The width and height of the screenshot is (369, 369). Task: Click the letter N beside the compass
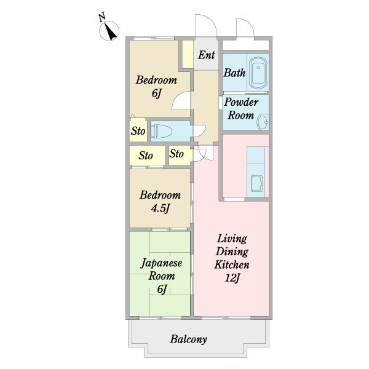click(x=102, y=18)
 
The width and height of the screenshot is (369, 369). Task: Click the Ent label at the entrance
click(x=207, y=55)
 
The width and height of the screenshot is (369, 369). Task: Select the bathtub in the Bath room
click(x=258, y=73)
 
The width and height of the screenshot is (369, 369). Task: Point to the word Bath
click(x=235, y=73)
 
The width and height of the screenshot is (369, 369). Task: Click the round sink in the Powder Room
click(x=263, y=122)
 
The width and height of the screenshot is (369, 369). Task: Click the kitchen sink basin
click(x=256, y=183)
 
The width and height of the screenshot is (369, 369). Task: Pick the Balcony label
click(x=189, y=339)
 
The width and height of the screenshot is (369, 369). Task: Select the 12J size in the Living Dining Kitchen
click(x=232, y=278)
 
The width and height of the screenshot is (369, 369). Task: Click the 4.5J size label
click(x=161, y=208)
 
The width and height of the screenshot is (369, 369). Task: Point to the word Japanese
click(x=161, y=263)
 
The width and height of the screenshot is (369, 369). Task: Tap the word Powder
click(x=241, y=102)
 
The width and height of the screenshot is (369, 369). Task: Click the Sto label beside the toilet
click(x=138, y=131)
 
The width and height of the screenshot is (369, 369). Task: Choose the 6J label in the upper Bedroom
click(x=157, y=93)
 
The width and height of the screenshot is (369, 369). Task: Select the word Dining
click(x=232, y=252)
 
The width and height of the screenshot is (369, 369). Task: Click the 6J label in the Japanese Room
click(x=162, y=289)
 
